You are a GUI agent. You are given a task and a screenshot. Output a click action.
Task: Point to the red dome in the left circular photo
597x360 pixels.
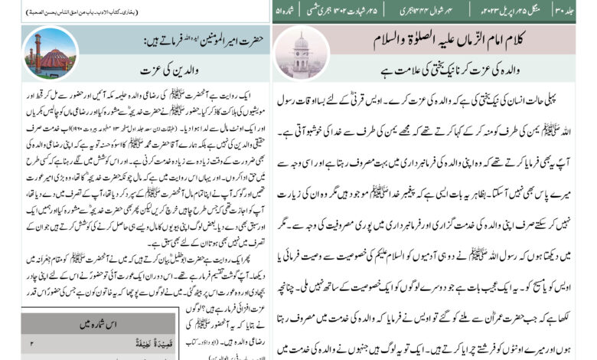coord(56,59)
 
